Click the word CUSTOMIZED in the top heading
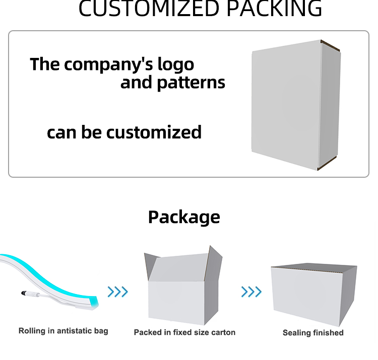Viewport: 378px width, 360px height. pyautogui.click(x=149, y=9)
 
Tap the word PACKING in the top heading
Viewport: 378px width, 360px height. pyautogui.click(x=274, y=9)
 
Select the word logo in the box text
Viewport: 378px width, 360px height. pyautogui.click(x=176, y=64)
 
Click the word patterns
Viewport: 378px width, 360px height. pyautogui.click(x=191, y=83)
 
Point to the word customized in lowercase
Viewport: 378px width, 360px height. pyautogui.click(x=154, y=132)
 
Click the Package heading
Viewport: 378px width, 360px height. pyautogui.click(x=184, y=217)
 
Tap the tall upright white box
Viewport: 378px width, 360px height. pyautogui.click(x=296, y=105)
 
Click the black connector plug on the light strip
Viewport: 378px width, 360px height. pyautogui.click(x=24, y=293)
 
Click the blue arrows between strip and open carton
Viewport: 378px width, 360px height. pyautogui.click(x=117, y=292)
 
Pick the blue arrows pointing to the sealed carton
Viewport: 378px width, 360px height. pyautogui.click(x=251, y=292)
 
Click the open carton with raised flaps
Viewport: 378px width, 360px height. pyautogui.click(x=183, y=285)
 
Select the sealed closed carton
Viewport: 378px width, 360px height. pyautogui.click(x=313, y=295)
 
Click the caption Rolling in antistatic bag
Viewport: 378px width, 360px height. pyautogui.click(x=63, y=331)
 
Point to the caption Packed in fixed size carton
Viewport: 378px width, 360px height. pyautogui.click(x=184, y=332)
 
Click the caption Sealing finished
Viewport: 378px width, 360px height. pyautogui.click(x=313, y=333)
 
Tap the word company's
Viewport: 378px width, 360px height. pyautogui.click(x=108, y=64)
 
